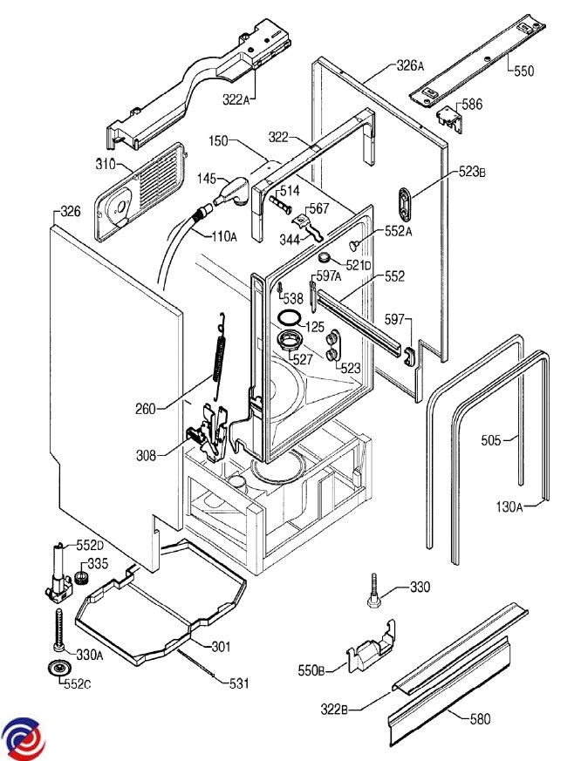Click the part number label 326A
[x=410, y=66]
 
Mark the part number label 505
[x=490, y=440]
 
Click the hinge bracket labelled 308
[x=209, y=433]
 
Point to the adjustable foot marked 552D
[x=59, y=571]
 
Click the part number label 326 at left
[x=69, y=211]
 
